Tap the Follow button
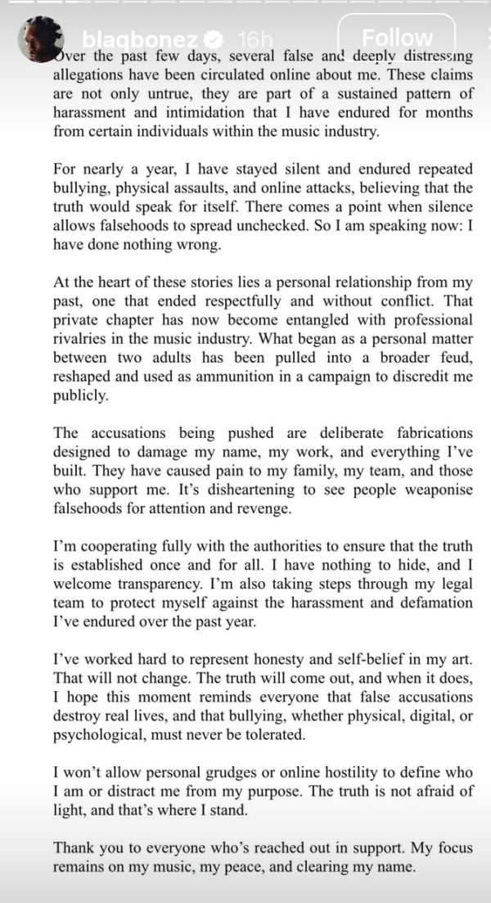(x=397, y=38)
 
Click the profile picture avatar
(x=41, y=38)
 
